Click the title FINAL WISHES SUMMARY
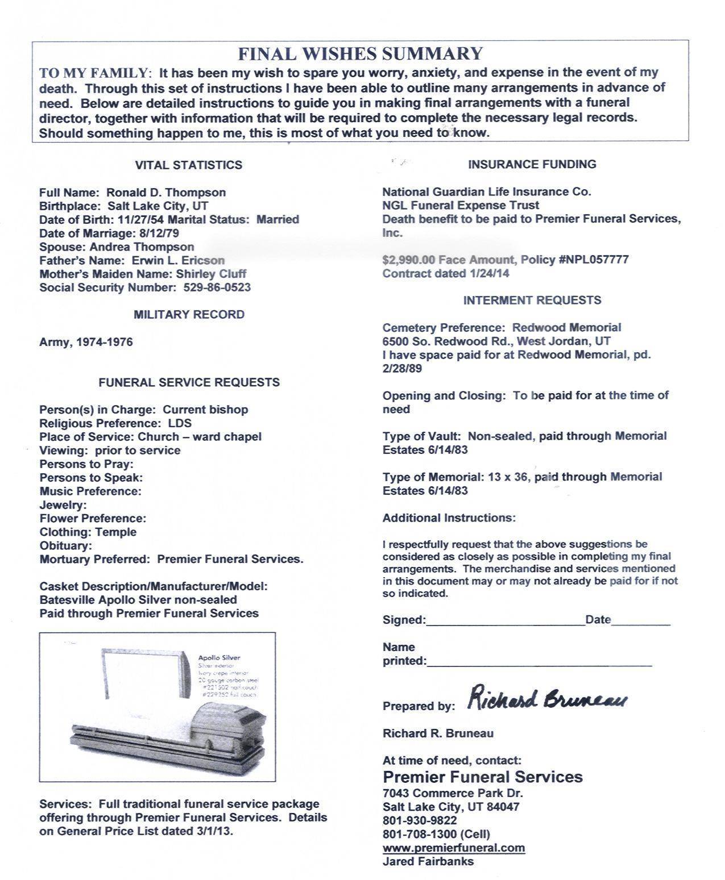tap(360, 54)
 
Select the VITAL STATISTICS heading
tap(188, 165)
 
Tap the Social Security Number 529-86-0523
tap(217, 287)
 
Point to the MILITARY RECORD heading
tap(189, 315)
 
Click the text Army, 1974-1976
tap(86, 342)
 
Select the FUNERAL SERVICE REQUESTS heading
tap(189, 382)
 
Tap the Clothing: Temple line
tap(88, 532)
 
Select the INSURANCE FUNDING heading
tap(532, 165)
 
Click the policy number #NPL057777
tap(594, 260)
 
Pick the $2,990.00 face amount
tap(408, 260)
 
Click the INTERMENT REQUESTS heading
tap(532, 301)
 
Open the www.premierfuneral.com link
tap(453, 848)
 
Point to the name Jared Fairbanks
tap(428, 861)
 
